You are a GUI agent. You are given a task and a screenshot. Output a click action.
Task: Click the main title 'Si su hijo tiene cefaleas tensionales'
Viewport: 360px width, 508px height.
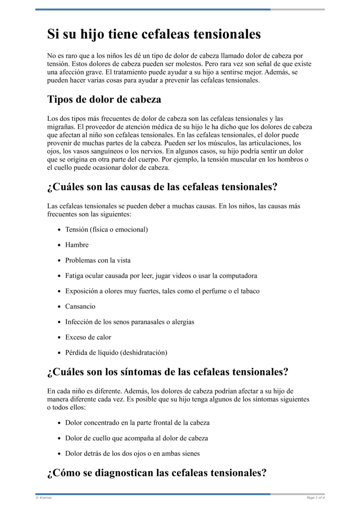coord(154,34)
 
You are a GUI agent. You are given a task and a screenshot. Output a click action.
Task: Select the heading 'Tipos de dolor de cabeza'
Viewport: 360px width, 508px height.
coord(104,99)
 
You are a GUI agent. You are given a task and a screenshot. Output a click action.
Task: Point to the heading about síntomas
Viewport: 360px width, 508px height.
coord(167,372)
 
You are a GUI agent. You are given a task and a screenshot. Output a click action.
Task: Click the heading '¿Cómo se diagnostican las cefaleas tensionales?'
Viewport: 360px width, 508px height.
coord(157,473)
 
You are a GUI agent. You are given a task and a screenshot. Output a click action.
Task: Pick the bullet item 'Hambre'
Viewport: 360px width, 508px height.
coord(77,245)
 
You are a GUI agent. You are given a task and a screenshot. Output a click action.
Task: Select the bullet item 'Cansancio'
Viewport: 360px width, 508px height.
coord(81,307)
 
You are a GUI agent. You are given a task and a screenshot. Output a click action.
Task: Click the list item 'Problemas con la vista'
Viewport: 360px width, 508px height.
coord(98,260)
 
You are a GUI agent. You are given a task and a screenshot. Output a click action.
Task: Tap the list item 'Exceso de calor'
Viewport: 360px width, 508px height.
coord(88,337)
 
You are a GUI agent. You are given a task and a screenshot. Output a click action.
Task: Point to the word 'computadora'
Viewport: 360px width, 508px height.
coord(237,276)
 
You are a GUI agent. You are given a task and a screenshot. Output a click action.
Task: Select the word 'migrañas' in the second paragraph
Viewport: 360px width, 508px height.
coord(60,127)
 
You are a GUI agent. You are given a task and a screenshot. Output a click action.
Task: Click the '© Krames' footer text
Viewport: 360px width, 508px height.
coord(44,497)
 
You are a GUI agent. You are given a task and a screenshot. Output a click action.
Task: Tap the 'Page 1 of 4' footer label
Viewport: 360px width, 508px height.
coord(315,497)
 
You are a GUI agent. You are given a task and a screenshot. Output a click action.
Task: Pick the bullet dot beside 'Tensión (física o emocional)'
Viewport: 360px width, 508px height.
coord(59,230)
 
